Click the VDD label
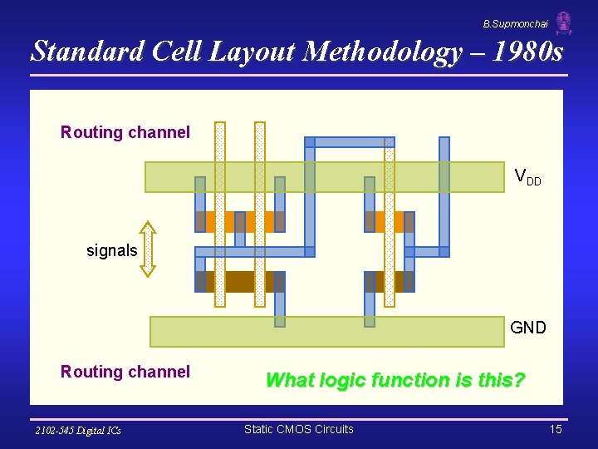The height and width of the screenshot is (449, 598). point(527,176)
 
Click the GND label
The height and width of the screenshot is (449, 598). point(528,328)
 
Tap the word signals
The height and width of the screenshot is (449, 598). point(112,250)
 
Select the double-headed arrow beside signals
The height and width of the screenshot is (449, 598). point(147,249)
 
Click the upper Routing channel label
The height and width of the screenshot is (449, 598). point(125,132)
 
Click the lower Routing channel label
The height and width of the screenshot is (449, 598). point(125,372)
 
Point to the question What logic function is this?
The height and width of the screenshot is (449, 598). point(395,380)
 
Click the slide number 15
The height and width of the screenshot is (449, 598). point(556,429)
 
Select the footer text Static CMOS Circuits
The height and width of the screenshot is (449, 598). point(299,429)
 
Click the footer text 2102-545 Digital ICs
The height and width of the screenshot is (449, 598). point(78,430)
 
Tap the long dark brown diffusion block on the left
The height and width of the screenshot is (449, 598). point(240,282)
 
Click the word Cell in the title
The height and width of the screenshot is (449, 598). point(174,52)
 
